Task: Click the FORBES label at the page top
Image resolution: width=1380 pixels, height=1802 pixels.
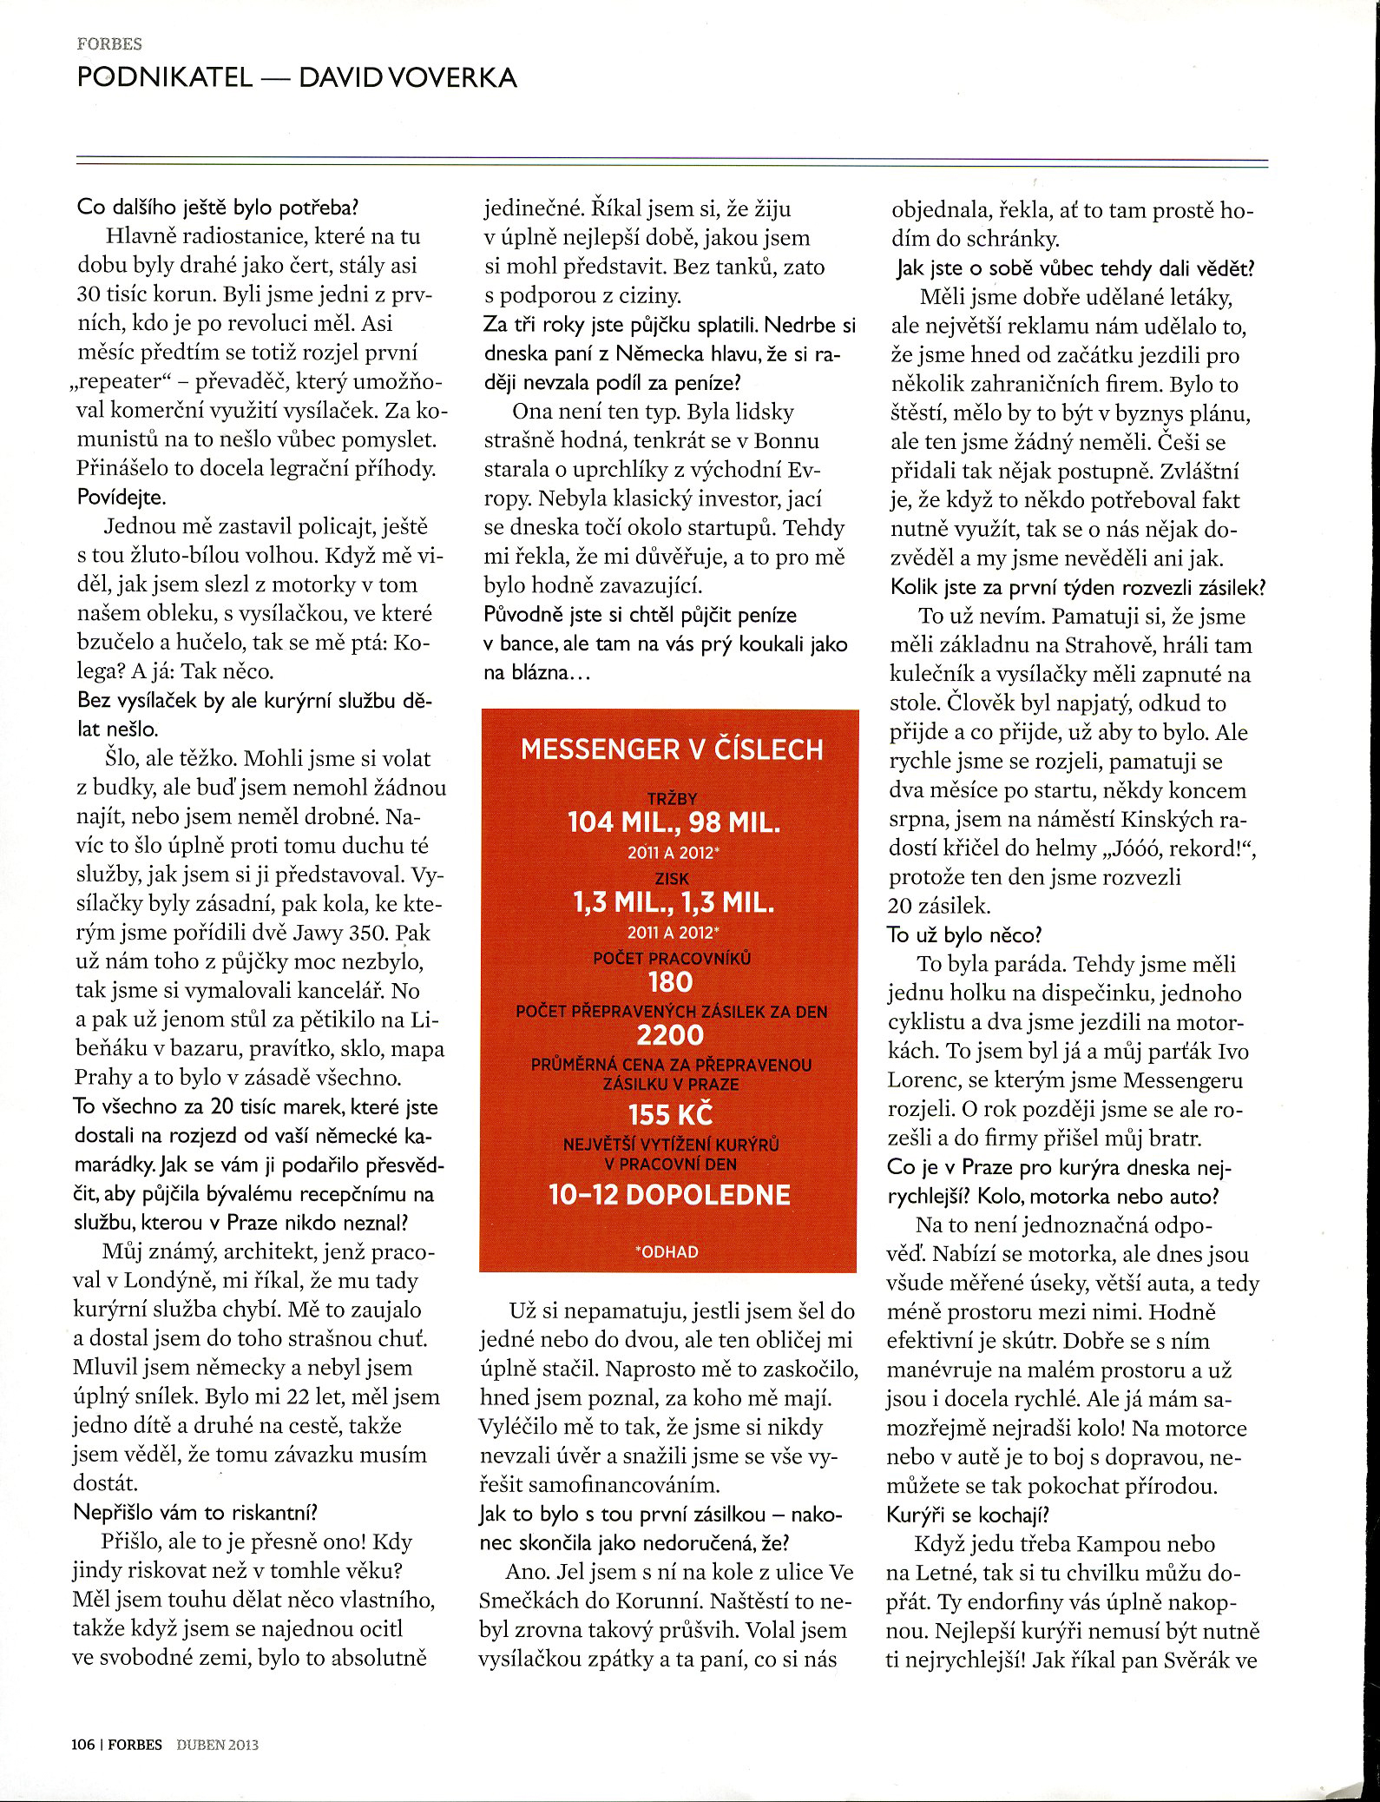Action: (x=109, y=44)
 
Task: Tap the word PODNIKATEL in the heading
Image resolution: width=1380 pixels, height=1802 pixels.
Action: (x=165, y=78)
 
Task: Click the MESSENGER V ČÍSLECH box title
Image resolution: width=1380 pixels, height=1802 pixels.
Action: (x=671, y=749)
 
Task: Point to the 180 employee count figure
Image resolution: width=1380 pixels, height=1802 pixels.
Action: (x=670, y=982)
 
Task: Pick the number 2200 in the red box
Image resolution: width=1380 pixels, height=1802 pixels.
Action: (x=670, y=1035)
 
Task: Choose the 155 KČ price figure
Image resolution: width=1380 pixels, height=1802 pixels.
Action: (x=670, y=1114)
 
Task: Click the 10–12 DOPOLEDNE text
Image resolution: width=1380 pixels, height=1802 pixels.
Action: (x=670, y=1196)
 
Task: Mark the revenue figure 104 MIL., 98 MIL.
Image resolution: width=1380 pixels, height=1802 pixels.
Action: (x=673, y=822)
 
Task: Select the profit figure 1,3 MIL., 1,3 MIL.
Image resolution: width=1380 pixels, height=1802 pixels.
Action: (x=673, y=903)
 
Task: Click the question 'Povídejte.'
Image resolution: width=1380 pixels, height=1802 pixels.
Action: (x=122, y=498)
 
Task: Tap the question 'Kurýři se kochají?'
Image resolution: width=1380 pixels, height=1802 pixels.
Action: (x=968, y=1515)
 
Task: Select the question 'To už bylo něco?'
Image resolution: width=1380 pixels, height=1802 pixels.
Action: (x=963, y=934)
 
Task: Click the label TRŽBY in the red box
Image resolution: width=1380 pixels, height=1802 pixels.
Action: (x=672, y=798)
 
